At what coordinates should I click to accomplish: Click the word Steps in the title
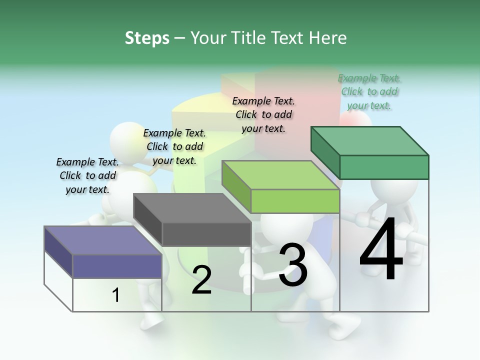tap(147, 38)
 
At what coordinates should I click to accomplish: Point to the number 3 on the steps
tap(292, 264)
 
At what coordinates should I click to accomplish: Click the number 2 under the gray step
tap(201, 280)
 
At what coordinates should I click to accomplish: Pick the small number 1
tap(116, 295)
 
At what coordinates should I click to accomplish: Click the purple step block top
tap(102, 240)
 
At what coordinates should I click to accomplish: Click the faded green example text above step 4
tap(369, 92)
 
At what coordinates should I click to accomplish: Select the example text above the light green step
tap(263, 114)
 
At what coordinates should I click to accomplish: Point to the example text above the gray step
tap(174, 146)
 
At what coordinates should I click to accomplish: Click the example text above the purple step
tap(87, 175)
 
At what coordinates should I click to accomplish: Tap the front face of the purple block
tap(117, 265)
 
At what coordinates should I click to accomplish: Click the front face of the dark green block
tap(384, 167)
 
